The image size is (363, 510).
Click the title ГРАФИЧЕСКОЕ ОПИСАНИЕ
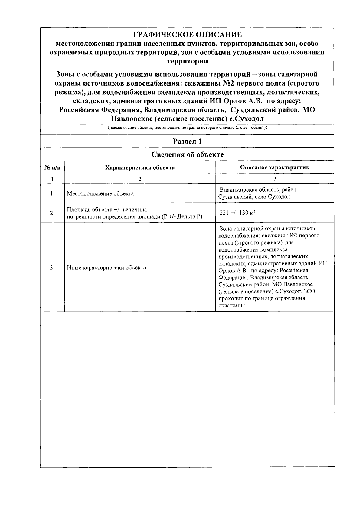pos(188,34)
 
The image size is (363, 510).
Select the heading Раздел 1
pos(187,141)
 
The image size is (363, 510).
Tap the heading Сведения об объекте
pos(187,155)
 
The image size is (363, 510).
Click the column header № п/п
pos(52,167)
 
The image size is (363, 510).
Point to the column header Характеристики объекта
pos(140,167)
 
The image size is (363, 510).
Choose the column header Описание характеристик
pos(275,167)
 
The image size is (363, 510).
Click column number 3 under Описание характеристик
pos(275,179)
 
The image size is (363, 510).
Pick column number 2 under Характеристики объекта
pos(140,179)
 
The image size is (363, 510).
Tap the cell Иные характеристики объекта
pos(106,268)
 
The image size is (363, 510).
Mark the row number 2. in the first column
pos(52,213)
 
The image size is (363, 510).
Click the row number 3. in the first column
pos(52,268)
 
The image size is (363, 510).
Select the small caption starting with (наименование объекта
pos(187,128)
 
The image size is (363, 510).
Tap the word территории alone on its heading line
pos(188,61)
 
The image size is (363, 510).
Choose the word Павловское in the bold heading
pos(131,119)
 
